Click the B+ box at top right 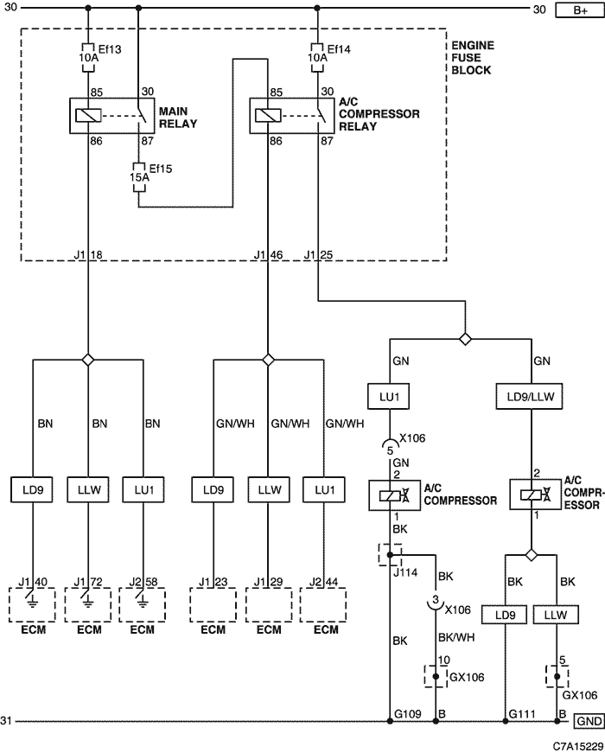(580, 10)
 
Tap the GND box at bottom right (589, 721)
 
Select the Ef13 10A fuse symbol (88, 58)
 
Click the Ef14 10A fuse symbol (317, 58)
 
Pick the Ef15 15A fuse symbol (139, 177)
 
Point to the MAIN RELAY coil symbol (88, 116)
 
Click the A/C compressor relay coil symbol (268, 116)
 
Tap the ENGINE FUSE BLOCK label (471, 58)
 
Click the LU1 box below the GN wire (388, 397)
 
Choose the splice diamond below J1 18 (88, 360)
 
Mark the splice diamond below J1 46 (269, 360)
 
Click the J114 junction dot (390, 555)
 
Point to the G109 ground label (408, 714)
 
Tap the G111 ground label (522, 714)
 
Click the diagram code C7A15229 (577, 746)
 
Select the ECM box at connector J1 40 (32, 605)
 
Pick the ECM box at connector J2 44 (323, 605)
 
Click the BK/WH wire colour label (456, 637)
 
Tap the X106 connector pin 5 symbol (390, 444)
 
